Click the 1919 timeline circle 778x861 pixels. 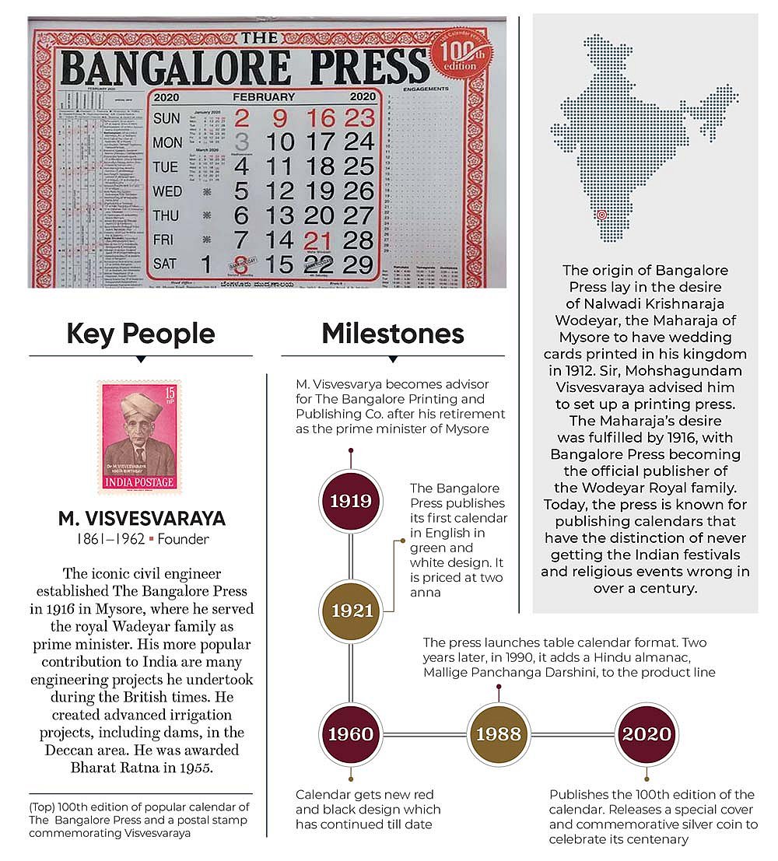(x=351, y=501)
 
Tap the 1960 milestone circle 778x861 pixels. (x=351, y=734)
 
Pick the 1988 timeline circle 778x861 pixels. (x=498, y=734)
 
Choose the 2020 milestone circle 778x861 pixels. (x=646, y=734)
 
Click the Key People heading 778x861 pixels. (x=140, y=334)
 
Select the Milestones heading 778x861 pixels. (x=393, y=334)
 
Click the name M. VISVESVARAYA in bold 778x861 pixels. (x=140, y=519)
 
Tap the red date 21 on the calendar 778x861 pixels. (x=319, y=240)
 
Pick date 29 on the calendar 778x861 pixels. (x=358, y=264)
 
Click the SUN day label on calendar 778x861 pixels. (x=166, y=119)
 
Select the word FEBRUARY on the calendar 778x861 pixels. (x=264, y=97)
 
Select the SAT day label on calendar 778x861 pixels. (x=165, y=264)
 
